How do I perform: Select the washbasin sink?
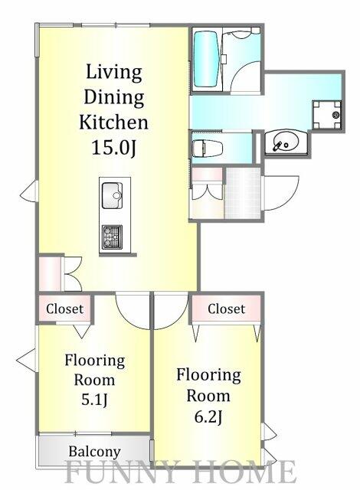point(284,142)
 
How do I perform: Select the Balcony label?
point(93,452)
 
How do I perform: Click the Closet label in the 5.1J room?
point(67,310)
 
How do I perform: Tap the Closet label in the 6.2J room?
point(227,309)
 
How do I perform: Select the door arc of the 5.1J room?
point(133,311)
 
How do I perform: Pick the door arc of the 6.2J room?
point(171,310)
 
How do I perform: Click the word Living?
point(113,73)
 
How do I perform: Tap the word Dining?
point(113,97)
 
